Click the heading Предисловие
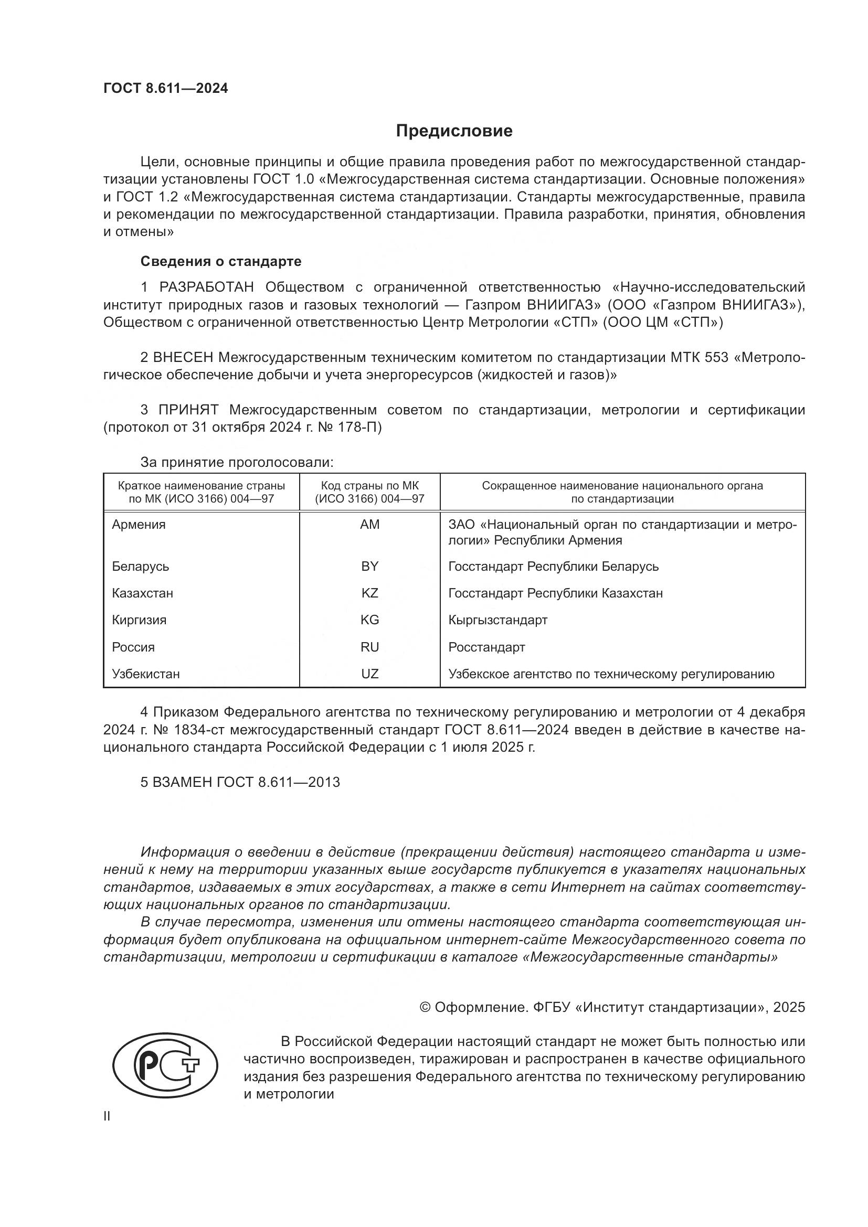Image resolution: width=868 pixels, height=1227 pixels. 454,131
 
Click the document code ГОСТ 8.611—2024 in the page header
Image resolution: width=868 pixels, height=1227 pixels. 166,88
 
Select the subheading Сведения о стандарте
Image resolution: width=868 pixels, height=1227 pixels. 221,261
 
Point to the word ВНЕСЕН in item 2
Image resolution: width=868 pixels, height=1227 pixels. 183,358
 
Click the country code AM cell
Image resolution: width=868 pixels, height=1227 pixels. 369,525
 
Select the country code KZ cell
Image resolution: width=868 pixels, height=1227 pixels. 369,593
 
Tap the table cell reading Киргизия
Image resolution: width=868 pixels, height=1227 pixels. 139,620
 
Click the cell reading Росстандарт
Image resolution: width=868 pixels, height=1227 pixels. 486,647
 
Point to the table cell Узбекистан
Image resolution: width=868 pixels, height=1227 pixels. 145,674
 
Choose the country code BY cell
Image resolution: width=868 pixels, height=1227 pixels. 369,567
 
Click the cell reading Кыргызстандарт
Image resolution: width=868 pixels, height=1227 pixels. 497,620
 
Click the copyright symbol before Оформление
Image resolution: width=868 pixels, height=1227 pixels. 425,1007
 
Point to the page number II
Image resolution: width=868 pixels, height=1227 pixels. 107,1116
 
